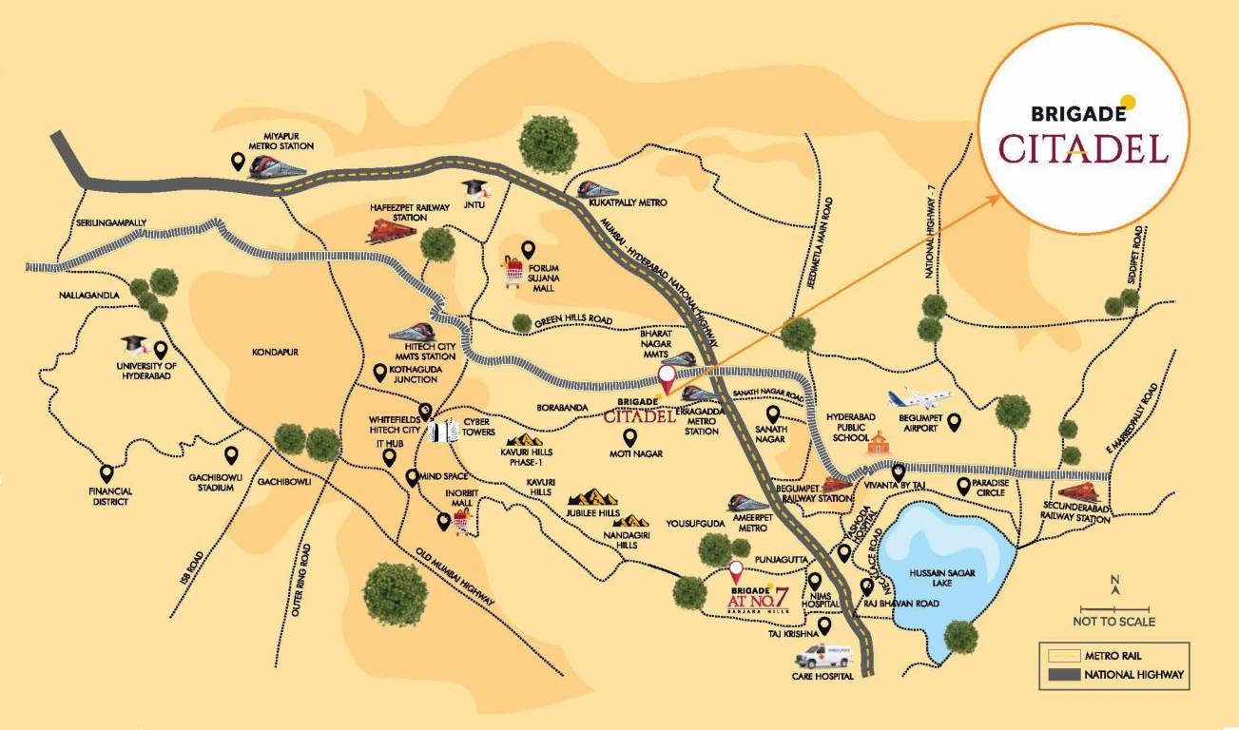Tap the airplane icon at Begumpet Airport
pos(912,398)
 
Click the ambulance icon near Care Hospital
pos(823,655)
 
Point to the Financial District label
pos(111,496)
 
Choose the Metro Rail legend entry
pos(1113,655)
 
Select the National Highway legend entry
pos(1113,675)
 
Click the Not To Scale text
pos(1113,622)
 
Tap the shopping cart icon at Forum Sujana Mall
pos(514,274)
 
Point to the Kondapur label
pos(276,352)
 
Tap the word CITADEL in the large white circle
pos(1083,148)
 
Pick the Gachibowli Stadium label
pos(210,482)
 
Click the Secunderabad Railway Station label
pos(1077,514)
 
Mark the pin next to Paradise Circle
pos(963,485)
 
